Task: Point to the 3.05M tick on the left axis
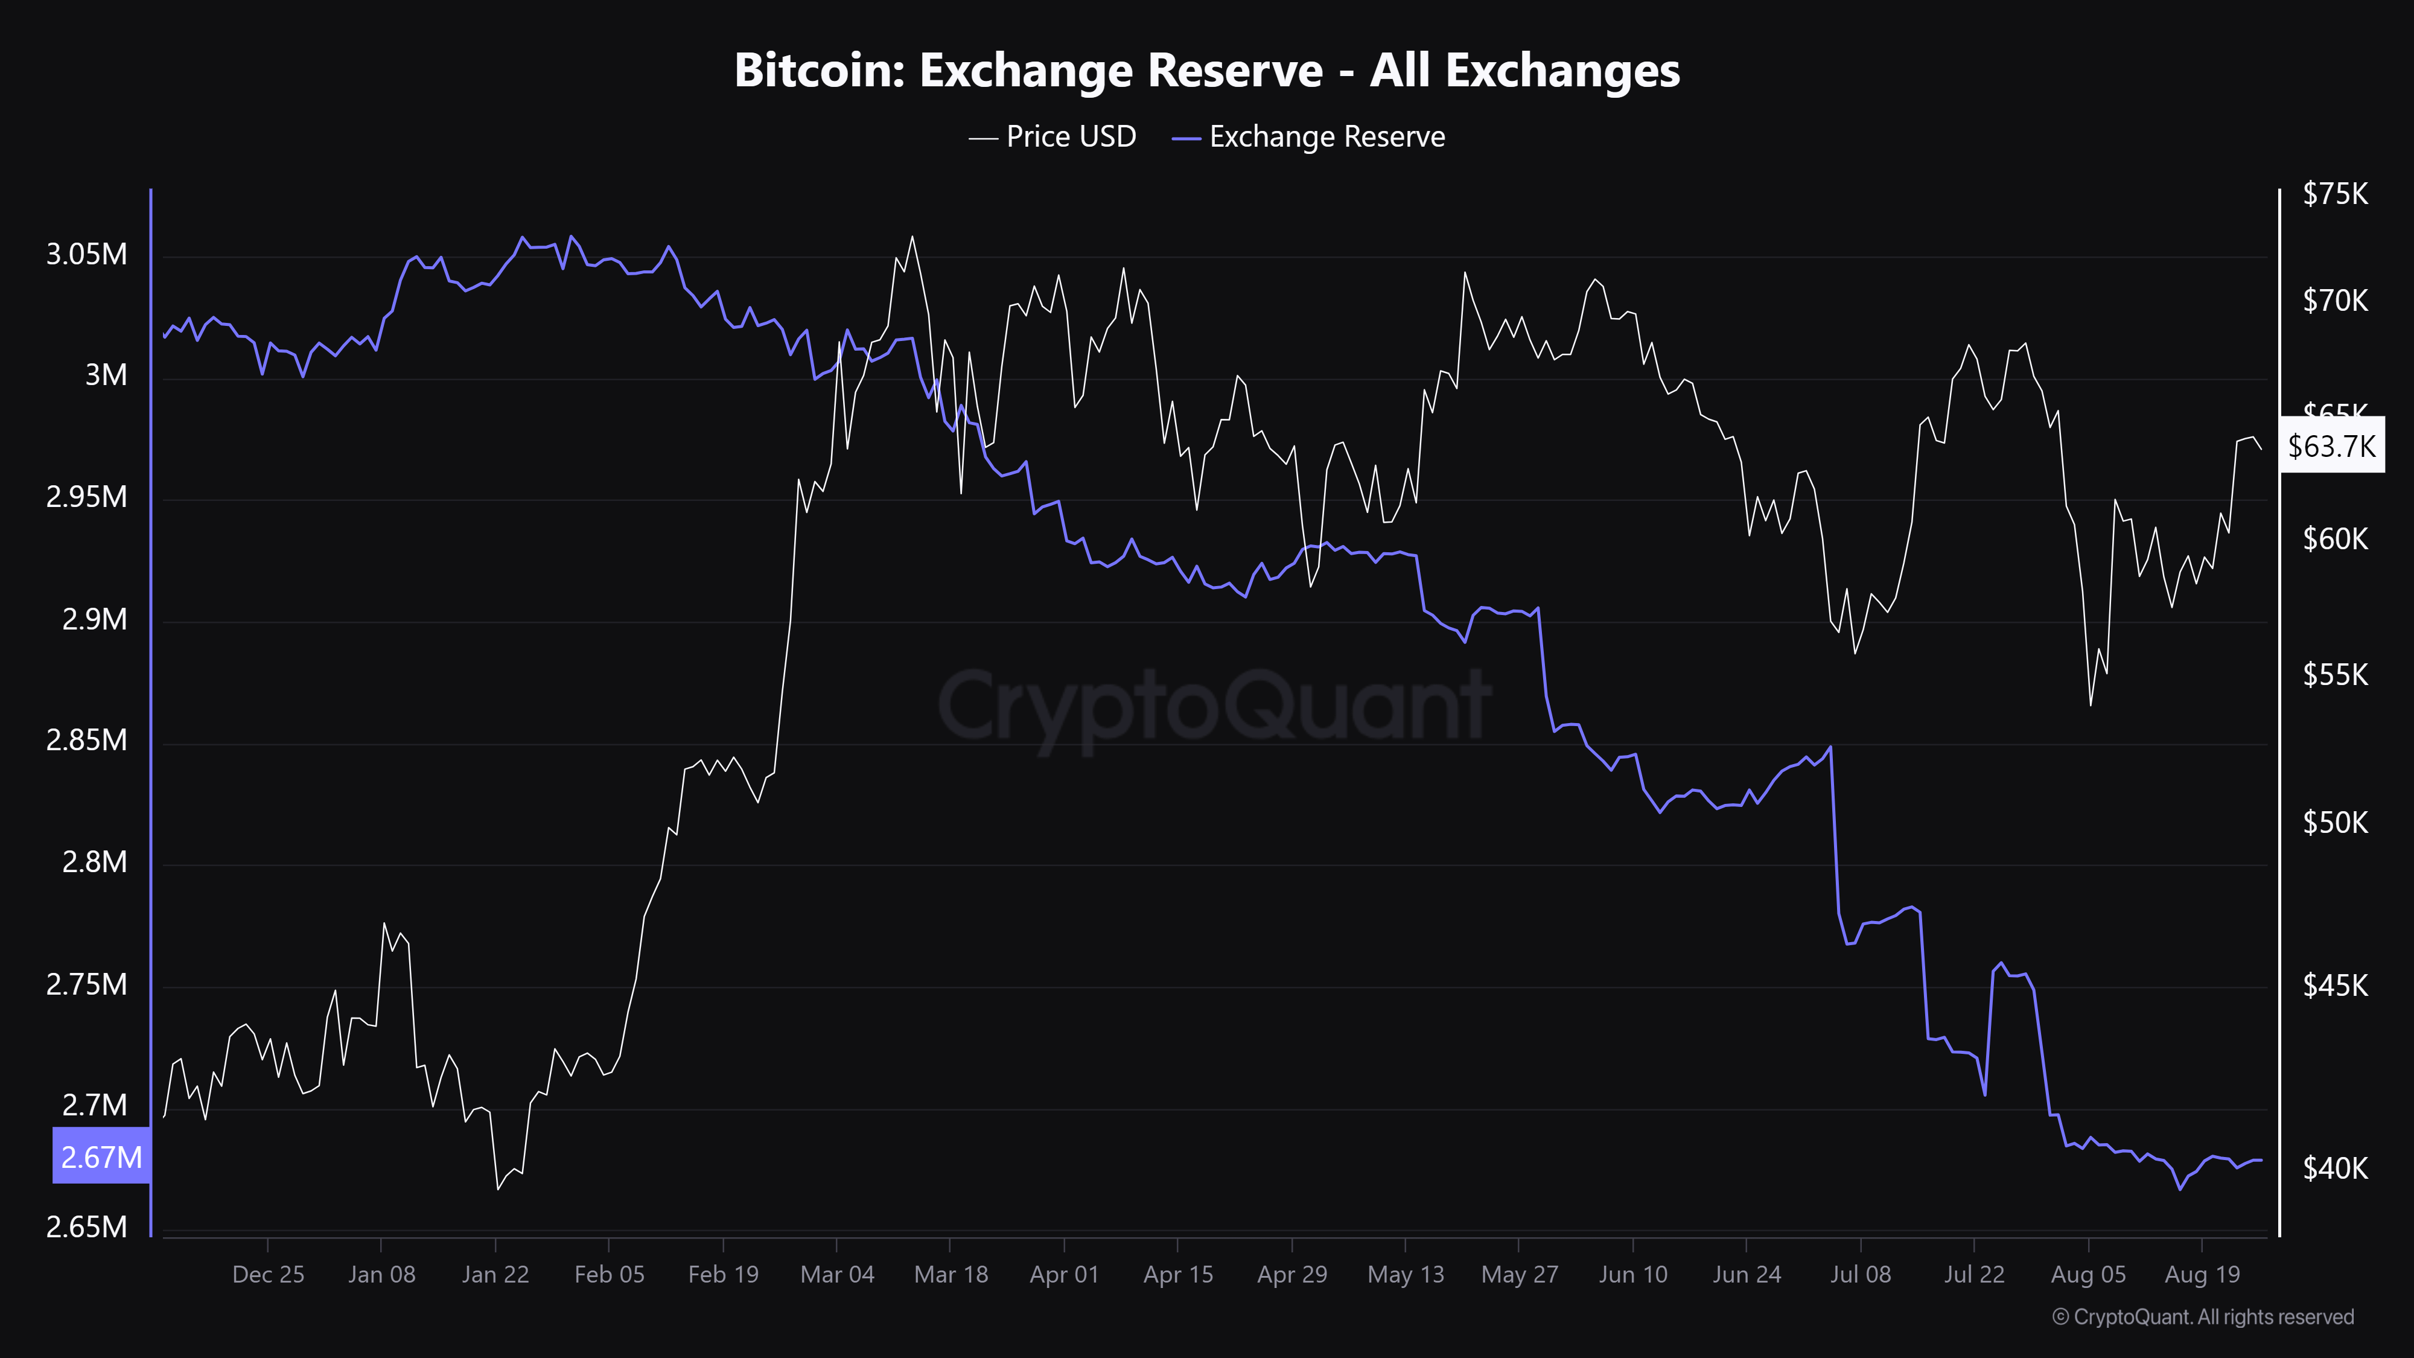point(86,254)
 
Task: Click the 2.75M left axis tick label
point(86,984)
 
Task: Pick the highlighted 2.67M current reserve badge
point(101,1156)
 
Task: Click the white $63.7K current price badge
point(2331,445)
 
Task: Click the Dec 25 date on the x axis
point(268,1275)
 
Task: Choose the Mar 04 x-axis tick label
point(837,1275)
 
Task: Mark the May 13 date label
point(1406,1275)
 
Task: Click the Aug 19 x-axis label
point(2202,1275)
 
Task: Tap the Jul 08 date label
point(1860,1275)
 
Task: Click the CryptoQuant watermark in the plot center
point(1214,705)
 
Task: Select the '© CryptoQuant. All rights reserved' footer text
point(2202,1317)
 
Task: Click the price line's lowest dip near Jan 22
point(498,1189)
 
